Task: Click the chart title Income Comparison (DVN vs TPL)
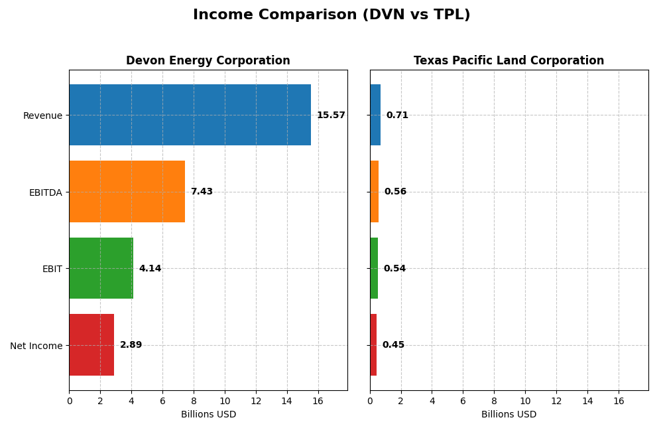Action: (x=331, y=15)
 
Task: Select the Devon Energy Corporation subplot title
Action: (x=208, y=60)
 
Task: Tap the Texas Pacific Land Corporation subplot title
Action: (x=509, y=60)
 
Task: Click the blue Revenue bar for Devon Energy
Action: (x=190, y=115)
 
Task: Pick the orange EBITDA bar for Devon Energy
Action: (x=127, y=191)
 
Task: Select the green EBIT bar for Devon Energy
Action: (x=101, y=268)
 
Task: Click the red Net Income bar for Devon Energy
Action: (x=91, y=344)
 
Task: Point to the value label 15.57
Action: (x=331, y=115)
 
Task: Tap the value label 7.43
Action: (x=202, y=192)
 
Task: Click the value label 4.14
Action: (x=150, y=269)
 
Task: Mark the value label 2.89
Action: (x=131, y=345)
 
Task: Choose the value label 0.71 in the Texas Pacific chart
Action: (x=397, y=115)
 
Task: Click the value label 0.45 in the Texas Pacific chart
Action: (x=393, y=345)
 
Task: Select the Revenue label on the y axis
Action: (x=42, y=115)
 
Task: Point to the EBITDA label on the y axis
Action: (x=45, y=192)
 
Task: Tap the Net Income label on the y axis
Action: (x=36, y=346)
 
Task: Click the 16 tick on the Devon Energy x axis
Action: (x=318, y=401)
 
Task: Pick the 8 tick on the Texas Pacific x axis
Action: (x=494, y=401)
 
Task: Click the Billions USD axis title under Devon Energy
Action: (x=208, y=414)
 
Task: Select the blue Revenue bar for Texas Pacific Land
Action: (x=375, y=115)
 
